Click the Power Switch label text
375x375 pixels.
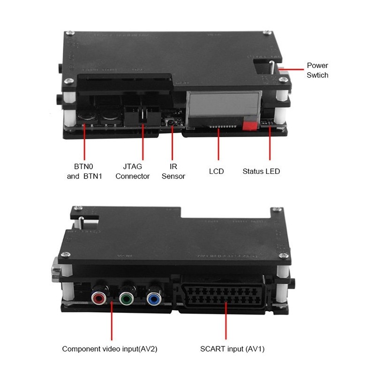[x=317, y=70]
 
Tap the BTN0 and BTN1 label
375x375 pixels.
[x=85, y=172]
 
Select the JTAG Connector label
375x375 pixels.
[x=133, y=172]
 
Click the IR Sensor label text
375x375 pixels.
[x=173, y=172]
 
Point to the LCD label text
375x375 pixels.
[x=216, y=171]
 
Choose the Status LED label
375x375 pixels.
[x=261, y=171]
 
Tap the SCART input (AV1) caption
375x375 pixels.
[x=229, y=349]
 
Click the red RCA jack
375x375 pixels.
[x=99, y=297]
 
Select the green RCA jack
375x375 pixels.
[x=125, y=297]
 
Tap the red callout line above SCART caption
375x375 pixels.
[x=228, y=323]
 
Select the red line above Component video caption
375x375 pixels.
[x=112, y=323]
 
